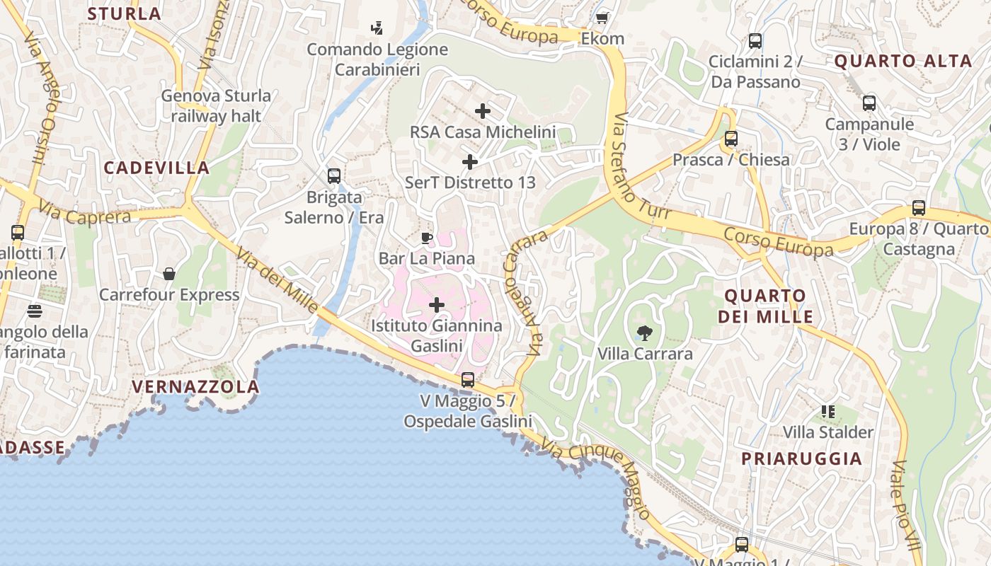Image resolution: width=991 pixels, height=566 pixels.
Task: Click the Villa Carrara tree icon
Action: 644,333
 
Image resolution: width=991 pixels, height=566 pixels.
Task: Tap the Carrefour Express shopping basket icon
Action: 169,273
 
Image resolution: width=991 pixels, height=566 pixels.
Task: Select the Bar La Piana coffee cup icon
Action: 426,238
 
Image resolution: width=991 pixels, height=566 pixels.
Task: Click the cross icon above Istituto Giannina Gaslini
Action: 437,305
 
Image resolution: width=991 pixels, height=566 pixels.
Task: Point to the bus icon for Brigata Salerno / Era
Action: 333,175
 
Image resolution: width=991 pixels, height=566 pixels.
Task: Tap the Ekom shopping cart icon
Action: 602,18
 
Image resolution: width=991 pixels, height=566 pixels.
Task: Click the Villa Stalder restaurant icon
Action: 828,411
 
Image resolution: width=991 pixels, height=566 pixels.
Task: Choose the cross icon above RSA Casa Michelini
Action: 483,111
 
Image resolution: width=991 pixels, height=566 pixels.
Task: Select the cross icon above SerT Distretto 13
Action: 469,162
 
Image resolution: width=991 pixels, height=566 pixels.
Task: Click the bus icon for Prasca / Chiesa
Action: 731,139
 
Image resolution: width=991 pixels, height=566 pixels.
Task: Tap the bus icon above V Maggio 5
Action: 467,380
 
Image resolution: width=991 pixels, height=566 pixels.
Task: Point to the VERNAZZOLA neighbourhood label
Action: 196,387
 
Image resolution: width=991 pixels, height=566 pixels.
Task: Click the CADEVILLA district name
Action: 156,168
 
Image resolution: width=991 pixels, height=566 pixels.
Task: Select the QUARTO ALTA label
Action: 903,61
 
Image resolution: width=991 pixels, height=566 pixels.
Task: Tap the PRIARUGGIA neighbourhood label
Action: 802,458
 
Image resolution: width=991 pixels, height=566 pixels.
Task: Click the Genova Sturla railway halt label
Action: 216,105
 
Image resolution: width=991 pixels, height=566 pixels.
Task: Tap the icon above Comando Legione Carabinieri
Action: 377,28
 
